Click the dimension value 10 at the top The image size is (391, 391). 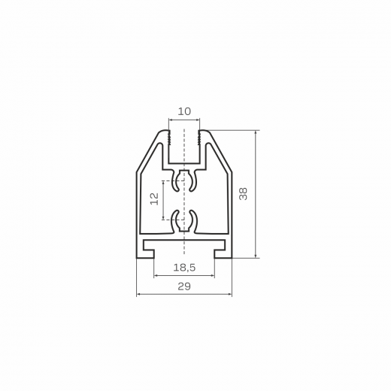pos(184,111)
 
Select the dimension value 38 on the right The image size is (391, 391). pos(243,194)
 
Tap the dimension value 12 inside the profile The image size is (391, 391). pos(154,199)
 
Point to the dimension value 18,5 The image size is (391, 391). pos(184,268)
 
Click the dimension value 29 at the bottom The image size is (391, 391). pos(184,286)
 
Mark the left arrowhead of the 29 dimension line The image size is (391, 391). pos(138,294)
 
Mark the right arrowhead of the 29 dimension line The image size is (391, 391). pos(230,294)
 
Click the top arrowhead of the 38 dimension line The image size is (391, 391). pos(256,132)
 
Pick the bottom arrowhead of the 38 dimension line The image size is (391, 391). pos(256,256)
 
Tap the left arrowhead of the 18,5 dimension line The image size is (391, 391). pos(156,276)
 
